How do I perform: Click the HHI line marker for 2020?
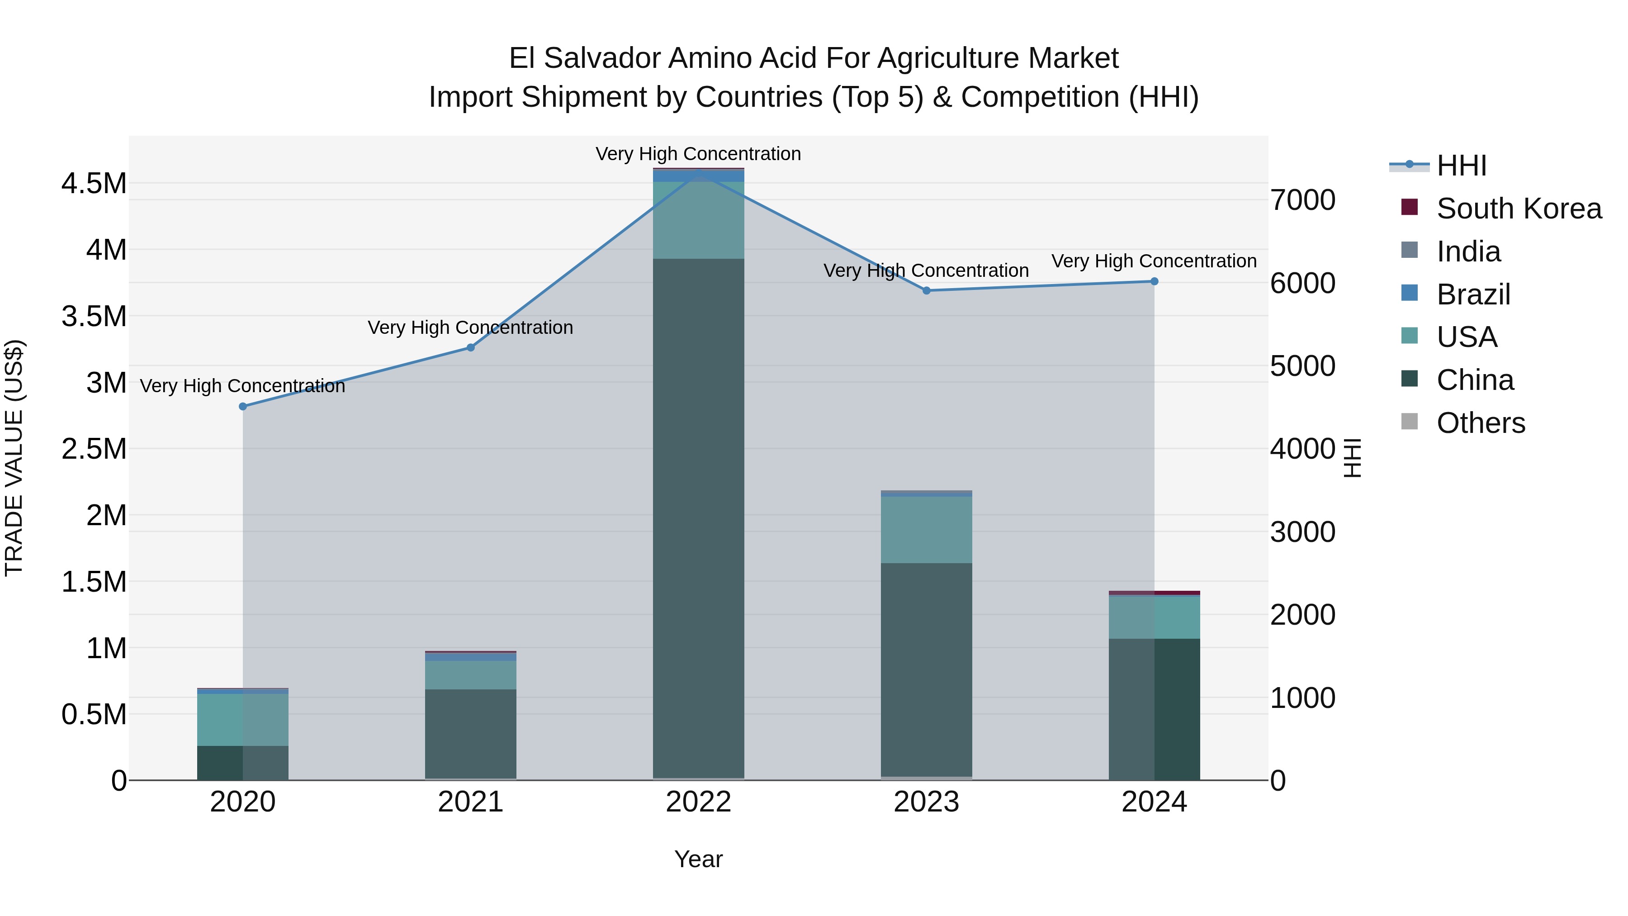(243, 407)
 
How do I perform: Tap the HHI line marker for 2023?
(927, 291)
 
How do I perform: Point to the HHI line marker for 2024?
(1154, 281)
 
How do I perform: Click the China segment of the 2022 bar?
(698, 518)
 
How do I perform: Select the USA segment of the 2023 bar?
(927, 530)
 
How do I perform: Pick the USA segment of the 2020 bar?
(243, 719)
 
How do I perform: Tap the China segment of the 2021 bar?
(470, 733)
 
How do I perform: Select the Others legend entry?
(1481, 423)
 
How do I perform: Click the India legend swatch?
(1409, 250)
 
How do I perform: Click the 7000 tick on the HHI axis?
(1303, 200)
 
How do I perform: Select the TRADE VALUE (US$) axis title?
(14, 458)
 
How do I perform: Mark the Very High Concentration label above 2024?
(1154, 261)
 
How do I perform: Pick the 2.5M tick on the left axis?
(94, 450)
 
